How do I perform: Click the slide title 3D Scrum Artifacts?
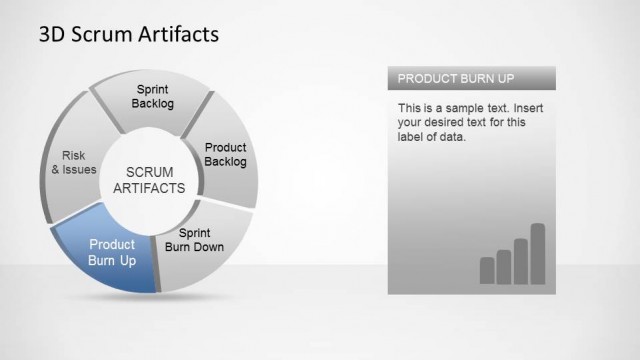pos(128,35)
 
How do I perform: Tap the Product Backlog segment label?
pos(225,155)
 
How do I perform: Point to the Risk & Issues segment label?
pos(73,162)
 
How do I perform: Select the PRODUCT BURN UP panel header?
pos(470,78)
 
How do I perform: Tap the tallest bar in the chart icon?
pos(537,253)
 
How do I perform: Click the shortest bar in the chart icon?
pos(487,270)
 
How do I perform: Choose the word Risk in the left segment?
pos(73,155)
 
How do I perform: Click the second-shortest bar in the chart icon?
pos(504,267)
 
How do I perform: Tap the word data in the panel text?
pos(454,138)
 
